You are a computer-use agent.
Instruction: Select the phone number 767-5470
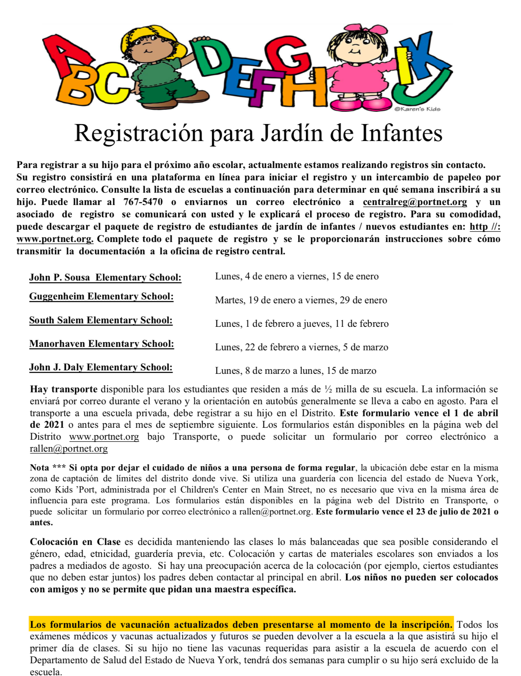(x=143, y=202)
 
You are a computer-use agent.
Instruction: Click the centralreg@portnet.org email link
(x=415, y=202)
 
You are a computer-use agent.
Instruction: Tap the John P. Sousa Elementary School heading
(x=105, y=277)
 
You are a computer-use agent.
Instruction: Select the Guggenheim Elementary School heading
(x=101, y=296)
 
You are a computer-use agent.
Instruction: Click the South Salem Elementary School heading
(x=101, y=320)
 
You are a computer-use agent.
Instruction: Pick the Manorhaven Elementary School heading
(x=101, y=344)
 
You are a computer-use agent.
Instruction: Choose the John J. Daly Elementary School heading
(x=101, y=367)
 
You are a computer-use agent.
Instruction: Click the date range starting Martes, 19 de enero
(x=301, y=300)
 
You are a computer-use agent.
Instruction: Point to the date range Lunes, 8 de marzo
(x=295, y=371)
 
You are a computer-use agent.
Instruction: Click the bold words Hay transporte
(x=64, y=389)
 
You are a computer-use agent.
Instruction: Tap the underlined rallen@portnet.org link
(x=69, y=449)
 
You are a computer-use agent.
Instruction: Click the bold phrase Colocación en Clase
(x=75, y=542)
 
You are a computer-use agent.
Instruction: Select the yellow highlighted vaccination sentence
(x=241, y=625)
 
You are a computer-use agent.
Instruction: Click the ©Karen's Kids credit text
(x=417, y=109)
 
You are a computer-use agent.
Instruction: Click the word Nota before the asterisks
(x=39, y=468)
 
